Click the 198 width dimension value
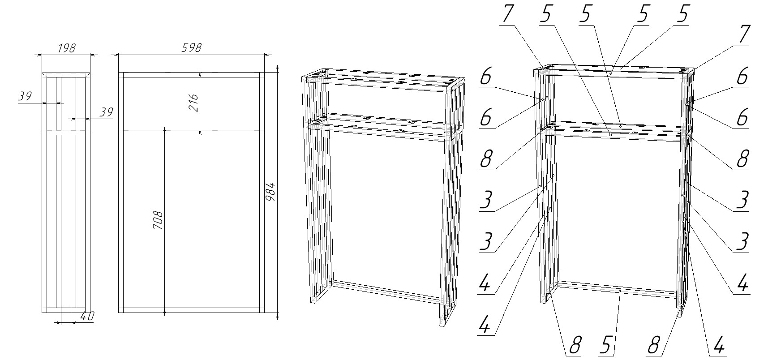(x=66, y=48)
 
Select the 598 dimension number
(x=192, y=47)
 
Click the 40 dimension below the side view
(x=87, y=317)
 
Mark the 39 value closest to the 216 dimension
(x=106, y=112)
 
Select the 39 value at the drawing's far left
(x=25, y=96)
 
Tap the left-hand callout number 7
(x=507, y=14)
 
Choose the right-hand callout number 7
(x=743, y=34)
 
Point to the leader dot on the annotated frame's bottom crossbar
(x=619, y=290)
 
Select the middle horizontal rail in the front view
(x=191, y=133)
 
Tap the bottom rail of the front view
(x=191, y=310)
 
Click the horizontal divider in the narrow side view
(x=66, y=133)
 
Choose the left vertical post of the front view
(x=121, y=192)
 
